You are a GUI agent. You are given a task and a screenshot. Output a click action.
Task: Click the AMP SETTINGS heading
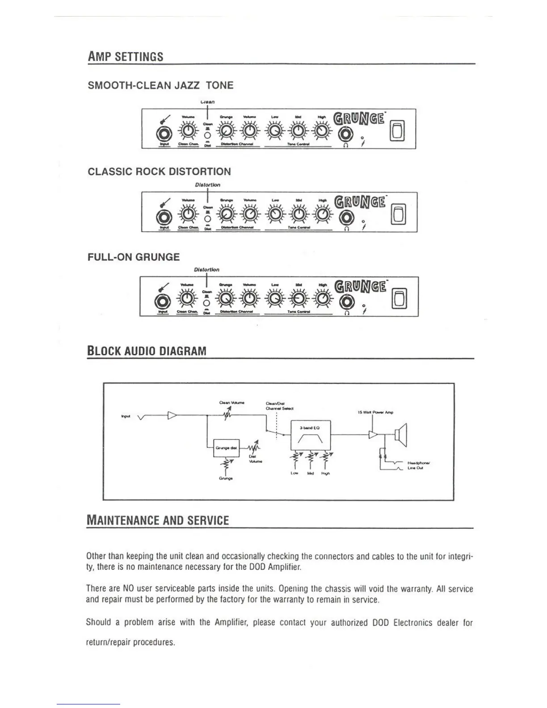point(126,57)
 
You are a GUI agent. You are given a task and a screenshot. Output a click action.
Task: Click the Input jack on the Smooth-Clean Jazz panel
point(164,134)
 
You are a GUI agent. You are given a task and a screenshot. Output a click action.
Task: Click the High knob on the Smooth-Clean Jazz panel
point(321,131)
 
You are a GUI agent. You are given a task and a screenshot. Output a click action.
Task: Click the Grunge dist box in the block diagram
point(227,447)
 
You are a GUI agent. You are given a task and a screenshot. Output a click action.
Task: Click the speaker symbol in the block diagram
point(401,434)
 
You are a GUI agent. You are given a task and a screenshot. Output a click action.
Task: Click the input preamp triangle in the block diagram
point(173,416)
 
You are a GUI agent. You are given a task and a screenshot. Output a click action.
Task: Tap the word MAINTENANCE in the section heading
point(126,521)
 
